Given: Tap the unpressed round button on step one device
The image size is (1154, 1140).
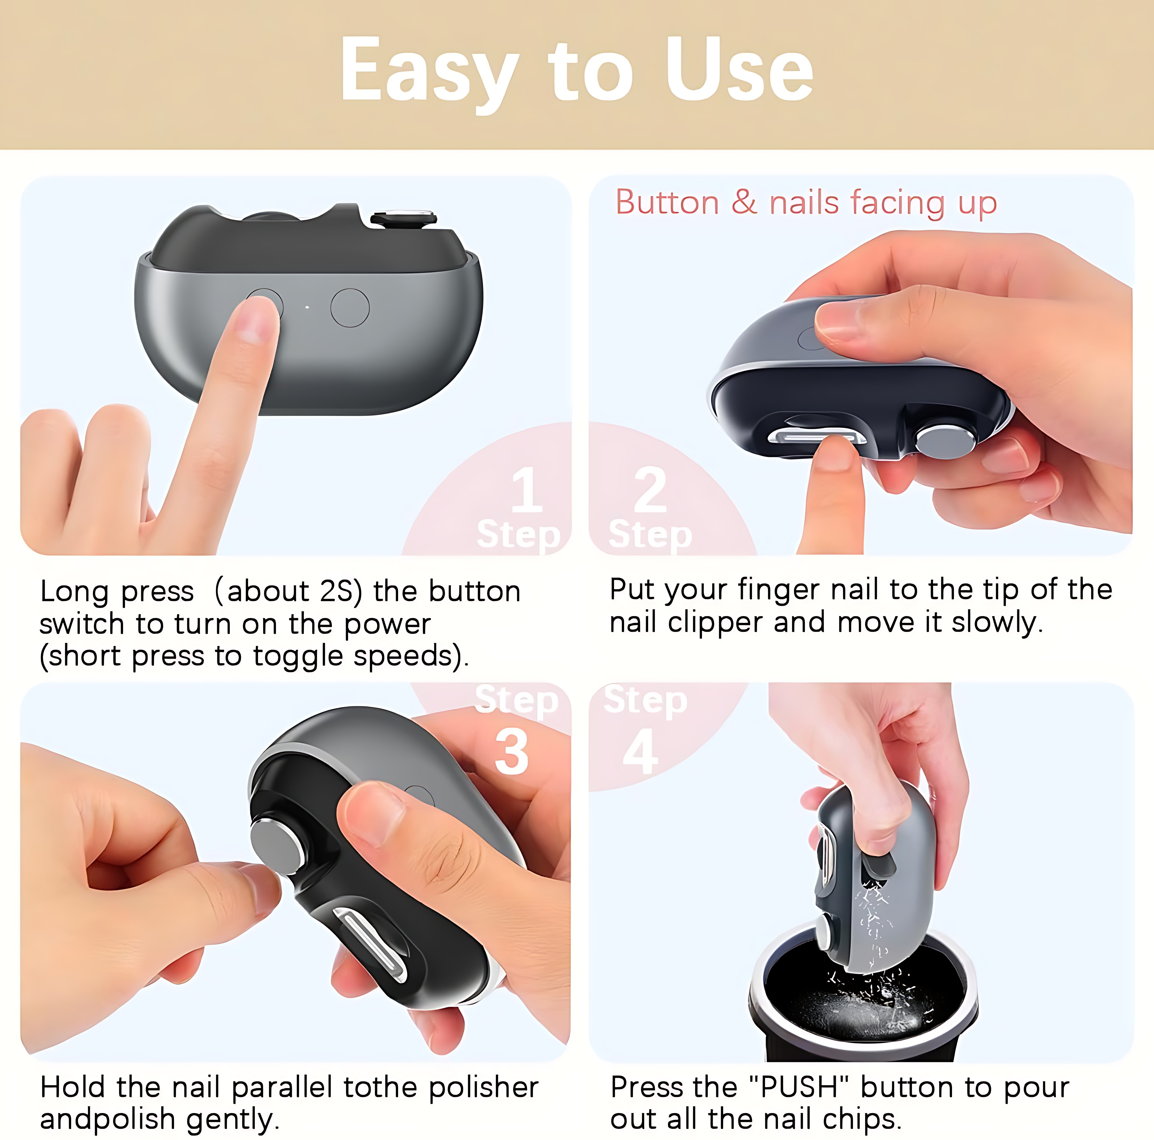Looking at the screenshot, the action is (350, 308).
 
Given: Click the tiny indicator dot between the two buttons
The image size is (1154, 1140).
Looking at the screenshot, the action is (307, 308).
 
